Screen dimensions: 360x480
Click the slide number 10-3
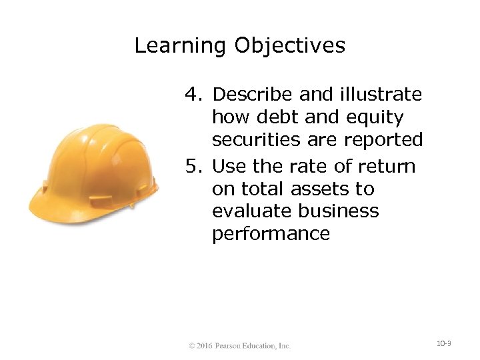[x=444, y=344]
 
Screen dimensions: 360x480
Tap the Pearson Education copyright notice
[x=239, y=346]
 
